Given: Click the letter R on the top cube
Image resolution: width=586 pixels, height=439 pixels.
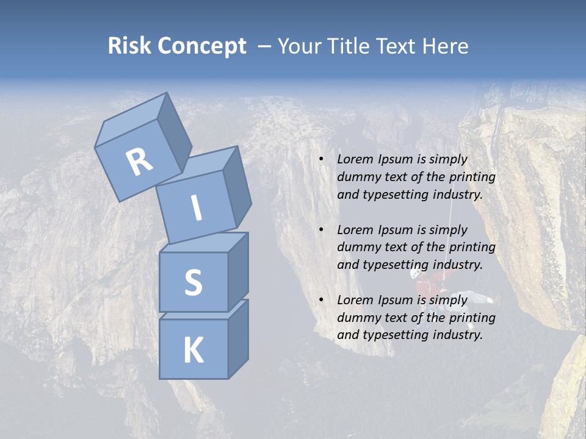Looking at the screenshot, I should tap(139, 162).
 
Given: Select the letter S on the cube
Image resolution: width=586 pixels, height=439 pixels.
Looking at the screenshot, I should tap(193, 282).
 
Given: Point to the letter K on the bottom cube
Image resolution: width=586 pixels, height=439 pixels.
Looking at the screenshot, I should tap(193, 351).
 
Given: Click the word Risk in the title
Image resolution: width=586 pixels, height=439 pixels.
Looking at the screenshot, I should tap(129, 46).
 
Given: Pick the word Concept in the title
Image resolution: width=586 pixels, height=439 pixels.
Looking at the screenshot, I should tap(201, 46).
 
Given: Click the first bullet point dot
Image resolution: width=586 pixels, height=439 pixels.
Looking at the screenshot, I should tap(321, 160).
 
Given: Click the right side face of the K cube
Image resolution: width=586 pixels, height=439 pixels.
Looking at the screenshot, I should tap(238, 339).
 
